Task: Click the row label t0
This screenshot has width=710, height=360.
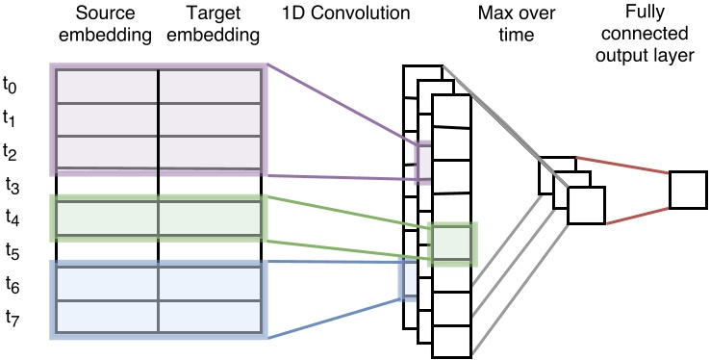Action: (10, 86)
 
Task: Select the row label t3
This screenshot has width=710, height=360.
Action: (10, 185)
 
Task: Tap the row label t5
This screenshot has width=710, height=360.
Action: (10, 252)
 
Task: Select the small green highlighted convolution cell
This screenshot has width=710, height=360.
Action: (452, 244)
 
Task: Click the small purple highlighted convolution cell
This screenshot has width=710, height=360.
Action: (424, 162)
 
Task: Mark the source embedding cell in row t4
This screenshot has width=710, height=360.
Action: (107, 218)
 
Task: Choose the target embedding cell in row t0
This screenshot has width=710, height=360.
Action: (210, 86)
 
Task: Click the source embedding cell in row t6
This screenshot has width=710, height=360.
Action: (107, 283)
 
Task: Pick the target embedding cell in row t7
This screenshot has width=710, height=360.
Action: (210, 317)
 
